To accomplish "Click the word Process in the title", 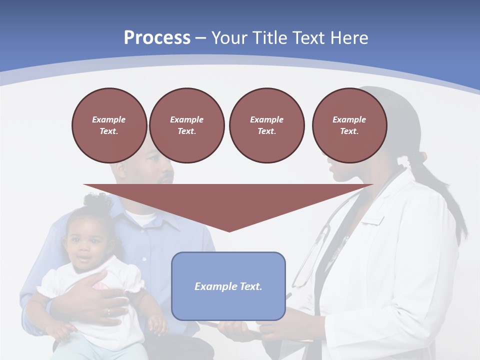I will tap(157, 38).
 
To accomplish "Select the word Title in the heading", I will tap(269, 38).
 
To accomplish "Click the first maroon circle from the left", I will tap(109, 125).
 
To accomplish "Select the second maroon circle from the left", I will tap(186, 125).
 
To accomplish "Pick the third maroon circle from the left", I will tap(266, 125).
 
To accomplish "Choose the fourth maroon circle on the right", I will tap(349, 125).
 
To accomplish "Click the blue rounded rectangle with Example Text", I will tap(228, 286).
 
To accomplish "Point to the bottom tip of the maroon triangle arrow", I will tap(229, 231).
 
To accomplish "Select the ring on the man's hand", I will tap(108, 312).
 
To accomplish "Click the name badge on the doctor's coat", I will tap(373, 220).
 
